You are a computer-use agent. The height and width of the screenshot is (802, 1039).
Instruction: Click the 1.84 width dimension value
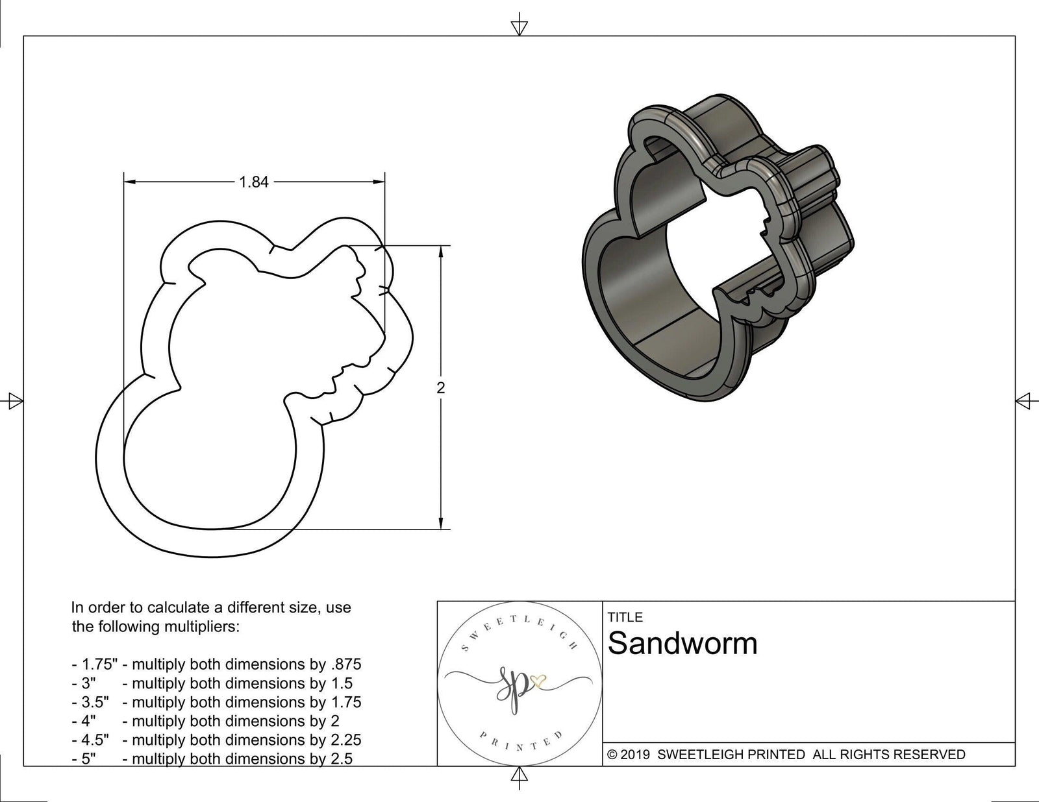coord(254,182)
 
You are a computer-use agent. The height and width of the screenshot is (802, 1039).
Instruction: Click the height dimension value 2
coord(441,388)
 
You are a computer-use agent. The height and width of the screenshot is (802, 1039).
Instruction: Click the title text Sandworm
coord(682,644)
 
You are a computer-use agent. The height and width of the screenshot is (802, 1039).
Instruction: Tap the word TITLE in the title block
coord(625,617)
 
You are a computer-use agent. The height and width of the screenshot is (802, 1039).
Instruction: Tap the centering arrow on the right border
coord(1023,401)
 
